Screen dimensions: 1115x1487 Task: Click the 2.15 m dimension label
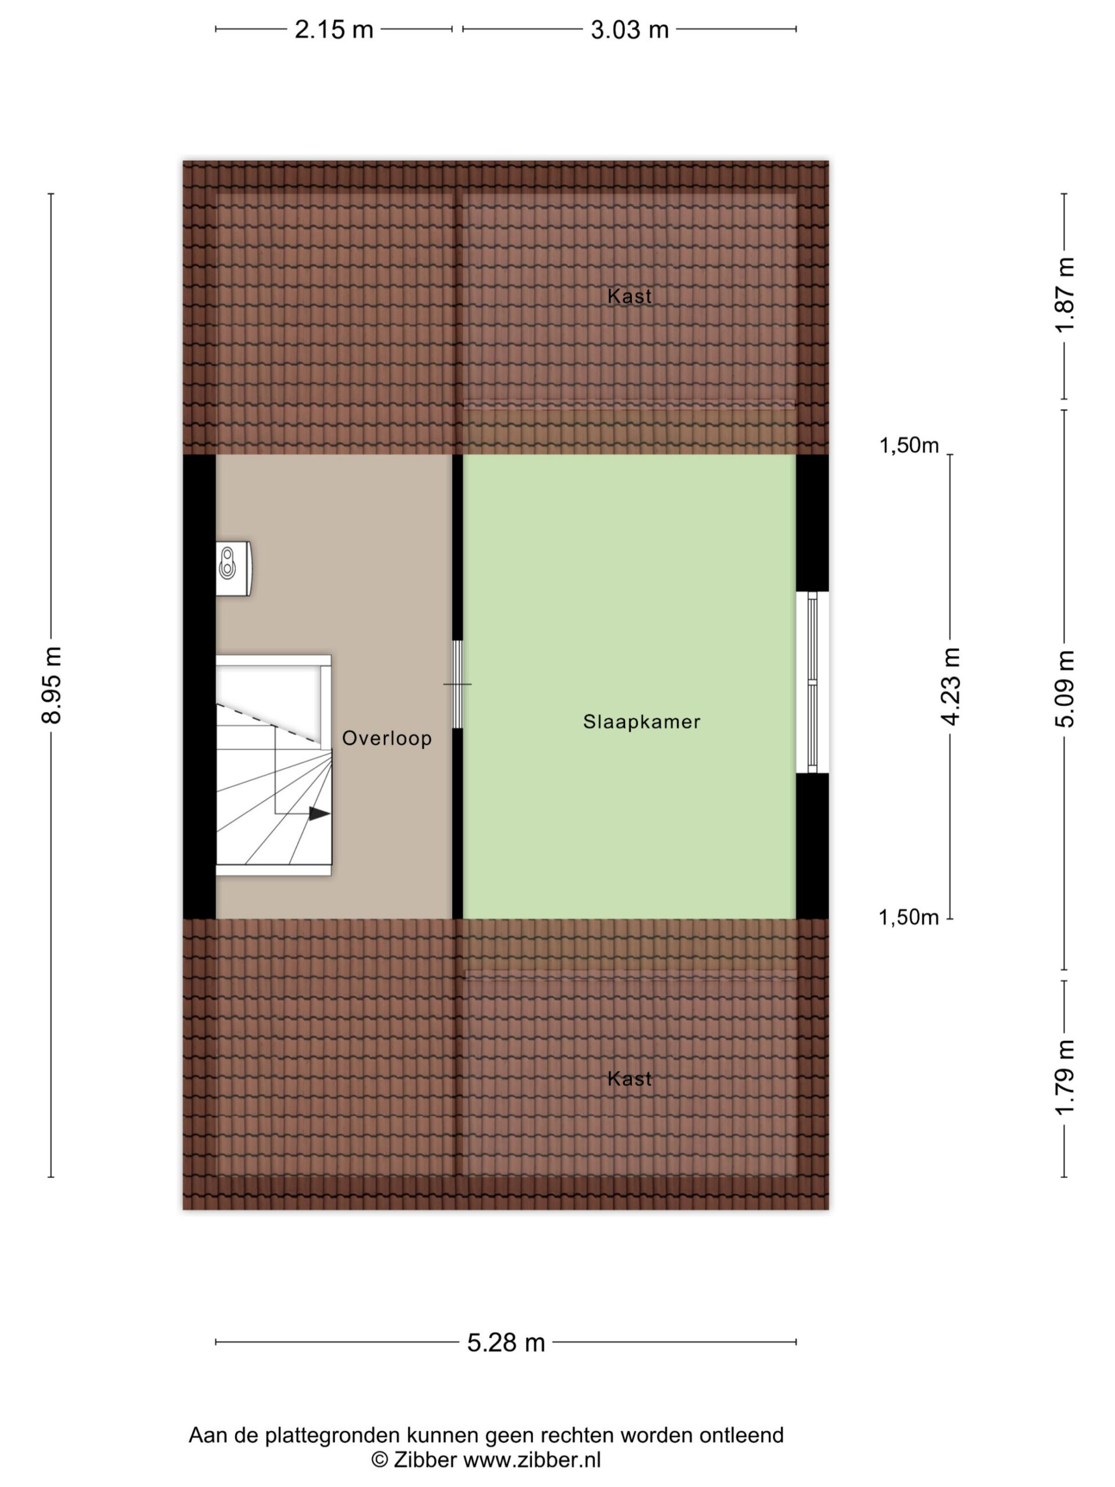333,30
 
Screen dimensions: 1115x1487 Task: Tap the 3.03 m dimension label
630,30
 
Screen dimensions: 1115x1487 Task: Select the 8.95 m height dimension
52,685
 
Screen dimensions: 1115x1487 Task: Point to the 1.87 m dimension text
1065,294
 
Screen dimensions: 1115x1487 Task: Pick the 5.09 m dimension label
1065,688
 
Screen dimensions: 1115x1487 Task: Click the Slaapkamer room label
641,722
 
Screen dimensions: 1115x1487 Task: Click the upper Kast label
629,296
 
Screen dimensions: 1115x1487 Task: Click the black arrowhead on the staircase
319,813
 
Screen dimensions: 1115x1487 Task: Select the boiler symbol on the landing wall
233,568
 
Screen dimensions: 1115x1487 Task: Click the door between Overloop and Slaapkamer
458,684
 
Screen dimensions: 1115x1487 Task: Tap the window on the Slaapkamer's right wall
812,683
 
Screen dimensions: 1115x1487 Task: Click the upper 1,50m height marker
909,445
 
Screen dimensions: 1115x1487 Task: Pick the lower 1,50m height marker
909,917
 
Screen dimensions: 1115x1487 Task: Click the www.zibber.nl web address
533,1460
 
